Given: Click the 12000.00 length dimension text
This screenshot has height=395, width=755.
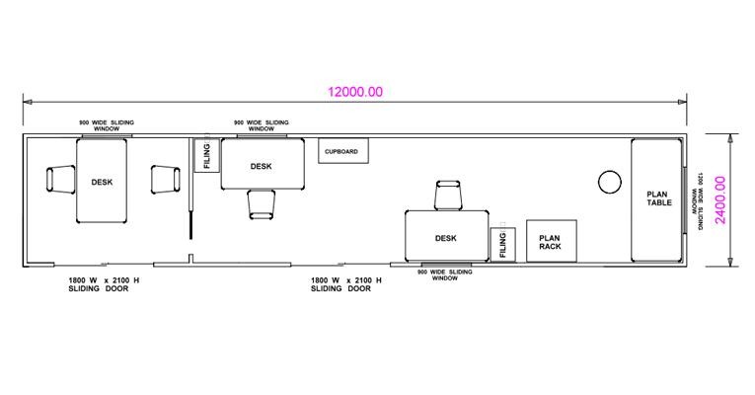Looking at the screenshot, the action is tap(355, 92).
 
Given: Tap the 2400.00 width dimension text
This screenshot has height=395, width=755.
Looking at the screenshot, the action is tap(720, 199).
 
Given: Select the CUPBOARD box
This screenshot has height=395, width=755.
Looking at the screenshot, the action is tap(343, 151).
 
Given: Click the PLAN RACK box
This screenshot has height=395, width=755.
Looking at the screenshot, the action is tap(552, 241).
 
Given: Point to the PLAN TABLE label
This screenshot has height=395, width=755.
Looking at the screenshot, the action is tap(658, 198).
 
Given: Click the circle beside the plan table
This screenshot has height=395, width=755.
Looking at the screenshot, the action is tap(610, 182).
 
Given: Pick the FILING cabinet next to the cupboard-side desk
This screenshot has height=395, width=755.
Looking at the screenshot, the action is tap(206, 155).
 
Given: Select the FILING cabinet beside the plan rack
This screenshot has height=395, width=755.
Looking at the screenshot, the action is tap(503, 245).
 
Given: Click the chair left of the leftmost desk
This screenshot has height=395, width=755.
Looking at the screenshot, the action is tap(60, 179).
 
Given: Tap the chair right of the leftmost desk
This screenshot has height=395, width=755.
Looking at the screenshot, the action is tap(166, 179).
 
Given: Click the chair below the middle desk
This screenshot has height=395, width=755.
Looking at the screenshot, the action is tap(262, 204).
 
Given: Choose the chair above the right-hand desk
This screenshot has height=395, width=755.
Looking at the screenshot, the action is tap(448, 196).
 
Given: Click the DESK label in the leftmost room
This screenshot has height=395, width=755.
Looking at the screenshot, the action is tap(102, 182).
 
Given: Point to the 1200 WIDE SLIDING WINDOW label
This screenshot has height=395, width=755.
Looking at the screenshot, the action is tap(696, 200).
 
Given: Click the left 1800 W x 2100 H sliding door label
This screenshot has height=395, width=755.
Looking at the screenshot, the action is tap(104, 284).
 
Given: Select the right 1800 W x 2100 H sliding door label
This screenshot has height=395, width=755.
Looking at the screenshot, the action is tap(345, 284).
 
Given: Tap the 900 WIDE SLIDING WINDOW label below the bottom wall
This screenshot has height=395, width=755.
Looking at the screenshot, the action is tap(445, 276).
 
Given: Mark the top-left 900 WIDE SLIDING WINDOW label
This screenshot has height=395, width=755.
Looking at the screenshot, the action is tap(107, 125).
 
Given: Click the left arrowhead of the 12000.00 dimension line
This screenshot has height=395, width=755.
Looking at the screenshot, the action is tap(28, 102).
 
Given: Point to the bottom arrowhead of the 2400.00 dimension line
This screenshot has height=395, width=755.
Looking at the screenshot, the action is tap(731, 261).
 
